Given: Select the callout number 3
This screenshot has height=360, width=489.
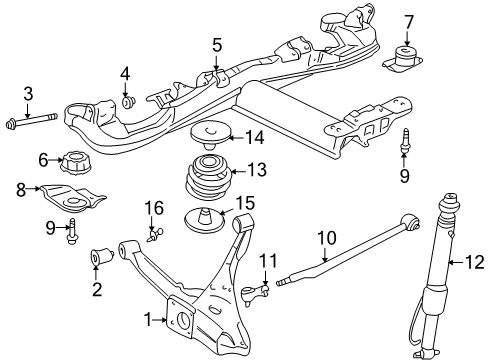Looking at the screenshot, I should coord(28,94).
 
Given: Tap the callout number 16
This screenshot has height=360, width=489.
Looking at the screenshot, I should coord(154,208).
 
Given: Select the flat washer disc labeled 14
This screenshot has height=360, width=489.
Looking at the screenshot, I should coord(210,130).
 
